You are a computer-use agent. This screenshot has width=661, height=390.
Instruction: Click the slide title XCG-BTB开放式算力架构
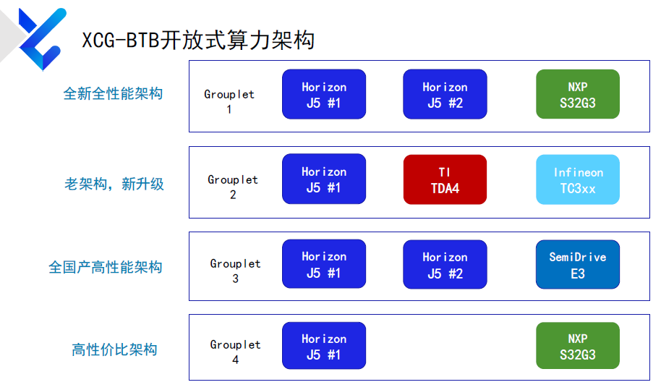coord(198,41)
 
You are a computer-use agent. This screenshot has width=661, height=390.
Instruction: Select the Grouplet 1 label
coord(229,101)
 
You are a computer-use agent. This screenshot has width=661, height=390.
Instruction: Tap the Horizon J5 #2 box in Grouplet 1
coord(445,95)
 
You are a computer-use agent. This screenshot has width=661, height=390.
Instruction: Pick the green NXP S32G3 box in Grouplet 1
coord(578,95)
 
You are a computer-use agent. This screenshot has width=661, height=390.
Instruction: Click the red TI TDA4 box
coord(445,179)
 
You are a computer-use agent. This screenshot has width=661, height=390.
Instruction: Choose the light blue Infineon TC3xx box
coord(578,179)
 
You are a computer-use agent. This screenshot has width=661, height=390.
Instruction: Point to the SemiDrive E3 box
coord(578,265)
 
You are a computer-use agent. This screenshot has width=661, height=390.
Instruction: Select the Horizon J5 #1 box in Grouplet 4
coord(324,346)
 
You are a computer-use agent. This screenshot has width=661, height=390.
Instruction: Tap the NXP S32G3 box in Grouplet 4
coord(578,346)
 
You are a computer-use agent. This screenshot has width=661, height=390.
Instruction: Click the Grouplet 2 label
coord(233,187)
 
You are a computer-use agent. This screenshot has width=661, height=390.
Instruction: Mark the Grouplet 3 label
coord(235,271)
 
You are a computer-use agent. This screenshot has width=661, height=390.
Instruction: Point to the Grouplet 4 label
coord(235,352)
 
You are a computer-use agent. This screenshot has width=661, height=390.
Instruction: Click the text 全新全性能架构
coord(113,93)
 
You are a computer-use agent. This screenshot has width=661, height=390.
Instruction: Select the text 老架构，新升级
coord(114,184)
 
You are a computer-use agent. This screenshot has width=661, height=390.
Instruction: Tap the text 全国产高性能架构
coord(106,267)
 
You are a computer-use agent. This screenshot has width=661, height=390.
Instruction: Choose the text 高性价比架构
coord(114,349)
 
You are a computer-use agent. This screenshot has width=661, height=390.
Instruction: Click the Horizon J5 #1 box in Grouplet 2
coord(324,179)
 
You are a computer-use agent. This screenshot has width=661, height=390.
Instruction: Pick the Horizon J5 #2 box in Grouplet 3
coord(445,265)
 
